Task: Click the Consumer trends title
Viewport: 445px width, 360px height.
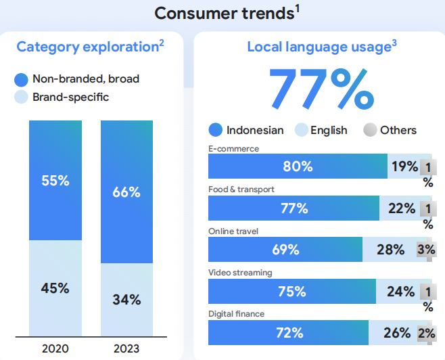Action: click(225, 13)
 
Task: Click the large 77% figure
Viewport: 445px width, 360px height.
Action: click(321, 88)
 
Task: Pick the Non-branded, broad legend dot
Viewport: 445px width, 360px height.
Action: click(22, 79)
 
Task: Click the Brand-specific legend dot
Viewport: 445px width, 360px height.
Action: click(22, 97)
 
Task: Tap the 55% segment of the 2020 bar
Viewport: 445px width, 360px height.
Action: click(55, 180)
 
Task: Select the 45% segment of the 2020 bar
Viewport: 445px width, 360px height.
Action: click(55, 288)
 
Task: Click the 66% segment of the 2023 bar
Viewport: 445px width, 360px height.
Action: click(126, 192)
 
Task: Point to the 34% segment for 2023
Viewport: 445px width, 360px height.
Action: click(126, 299)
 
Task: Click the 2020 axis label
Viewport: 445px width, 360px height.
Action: click(55, 348)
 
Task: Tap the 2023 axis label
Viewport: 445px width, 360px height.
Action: click(126, 348)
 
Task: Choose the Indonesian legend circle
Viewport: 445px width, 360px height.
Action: click(216, 130)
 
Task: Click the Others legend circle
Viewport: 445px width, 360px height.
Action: click(370, 130)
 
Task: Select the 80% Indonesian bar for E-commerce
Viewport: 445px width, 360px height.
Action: click(298, 166)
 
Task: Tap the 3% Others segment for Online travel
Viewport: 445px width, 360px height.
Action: click(425, 250)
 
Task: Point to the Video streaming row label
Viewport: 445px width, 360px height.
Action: click(240, 273)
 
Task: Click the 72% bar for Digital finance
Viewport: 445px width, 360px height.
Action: click(289, 333)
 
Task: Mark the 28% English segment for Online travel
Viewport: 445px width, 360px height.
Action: click(390, 250)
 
